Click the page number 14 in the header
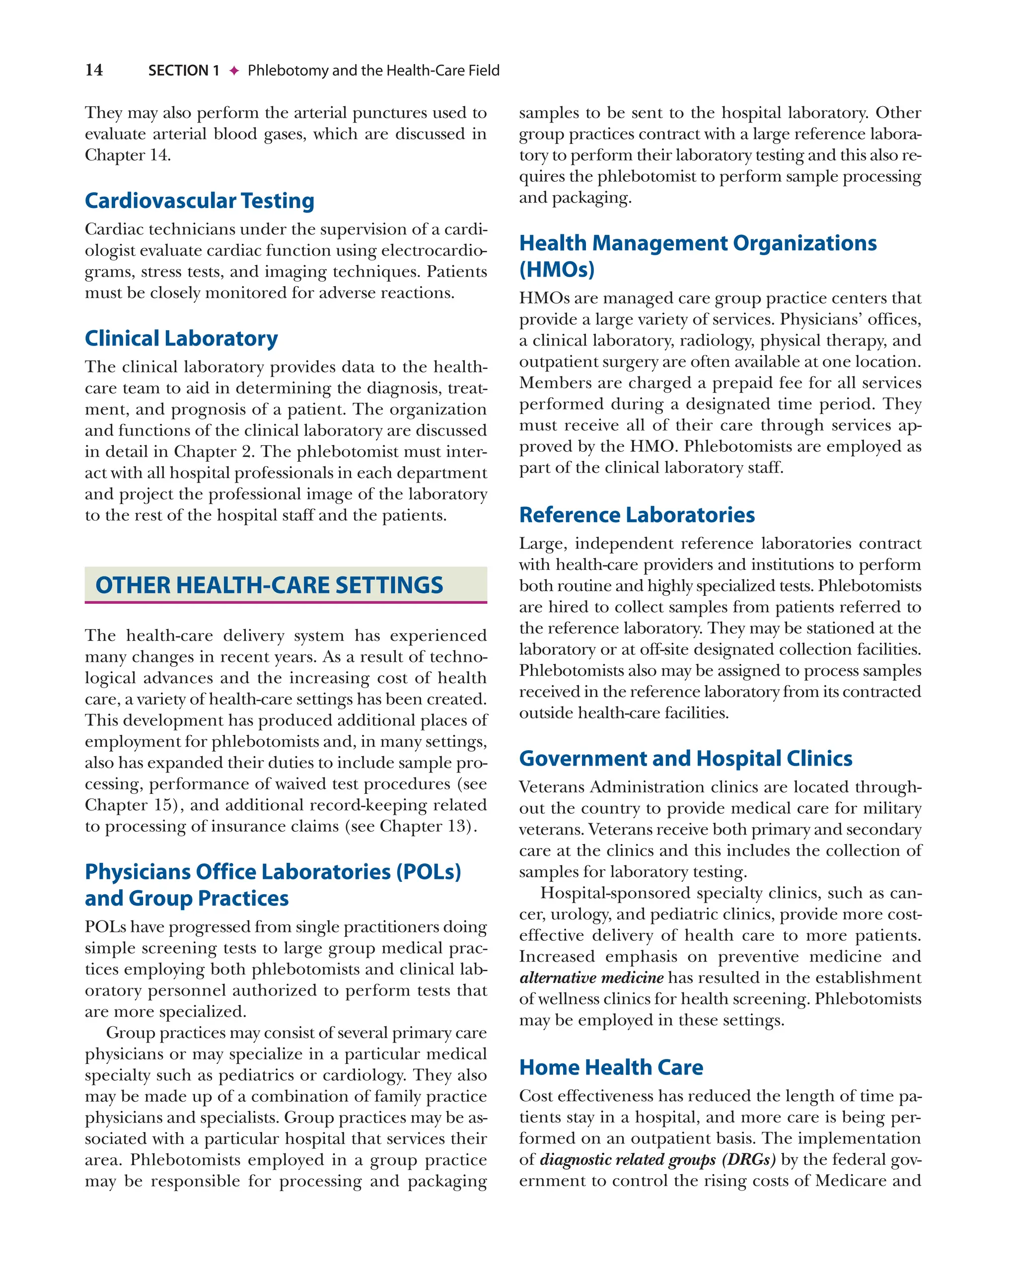(x=94, y=70)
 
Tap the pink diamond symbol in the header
(x=234, y=71)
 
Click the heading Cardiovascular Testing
(x=199, y=201)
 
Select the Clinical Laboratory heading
(x=181, y=339)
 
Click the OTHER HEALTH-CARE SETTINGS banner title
(x=269, y=585)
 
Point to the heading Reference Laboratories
(x=636, y=515)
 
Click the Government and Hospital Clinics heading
(x=685, y=758)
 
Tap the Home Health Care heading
(x=611, y=1067)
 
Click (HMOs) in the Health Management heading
(x=557, y=270)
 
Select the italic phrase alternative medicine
(x=591, y=978)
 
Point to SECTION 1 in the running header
(x=183, y=71)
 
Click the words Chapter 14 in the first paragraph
(x=127, y=155)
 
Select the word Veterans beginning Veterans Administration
(x=551, y=787)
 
